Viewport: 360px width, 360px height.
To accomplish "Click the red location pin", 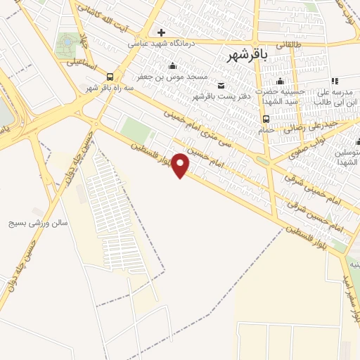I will coord(181,165).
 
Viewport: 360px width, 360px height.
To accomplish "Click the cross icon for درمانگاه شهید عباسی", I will coord(162,32).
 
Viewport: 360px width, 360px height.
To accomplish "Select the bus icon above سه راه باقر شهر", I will coord(110,77).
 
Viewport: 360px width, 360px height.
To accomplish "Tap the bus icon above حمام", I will coord(266,118).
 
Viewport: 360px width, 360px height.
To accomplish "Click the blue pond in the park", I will coord(67,41).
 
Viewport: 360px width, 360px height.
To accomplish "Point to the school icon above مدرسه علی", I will coord(335,81).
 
